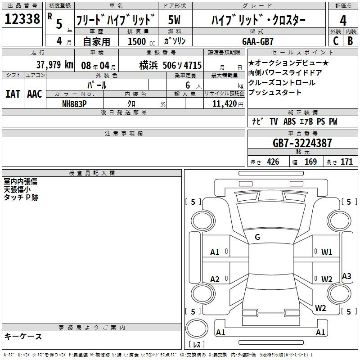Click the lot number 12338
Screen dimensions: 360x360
coord(22,19)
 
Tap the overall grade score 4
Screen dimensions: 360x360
coord(343,21)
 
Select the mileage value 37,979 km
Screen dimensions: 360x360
coord(54,65)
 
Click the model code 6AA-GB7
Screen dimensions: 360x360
coord(258,41)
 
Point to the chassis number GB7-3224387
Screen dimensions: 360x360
coord(302,143)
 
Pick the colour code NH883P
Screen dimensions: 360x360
coord(74,104)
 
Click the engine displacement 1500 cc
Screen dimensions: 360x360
coord(141,41)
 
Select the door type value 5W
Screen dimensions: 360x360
coord(174,20)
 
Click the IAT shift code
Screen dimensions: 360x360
coord(13,94)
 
